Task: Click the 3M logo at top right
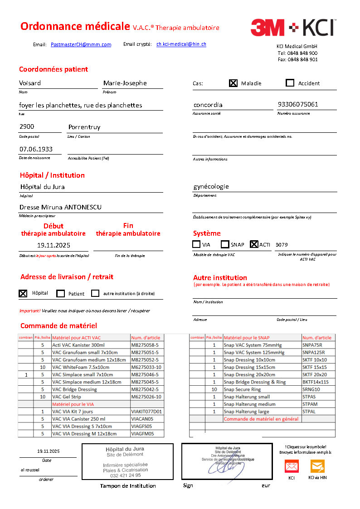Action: (x=268, y=27)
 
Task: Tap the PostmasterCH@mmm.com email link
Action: (x=81, y=44)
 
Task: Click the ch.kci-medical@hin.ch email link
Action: (x=181, y=44)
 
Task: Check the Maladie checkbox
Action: (x=233, y=83)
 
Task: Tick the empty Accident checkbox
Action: (x=290, y=83)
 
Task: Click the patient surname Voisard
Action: (x=30, y=83)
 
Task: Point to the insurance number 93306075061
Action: (x=298, y=104)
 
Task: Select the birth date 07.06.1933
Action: (x=36, y=149)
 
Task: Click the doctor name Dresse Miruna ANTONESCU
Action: (x=60, y=207)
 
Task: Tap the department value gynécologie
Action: (x=211, y=186)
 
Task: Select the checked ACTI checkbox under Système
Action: (x=254, y=244)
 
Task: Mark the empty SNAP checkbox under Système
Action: (x=225, y=244)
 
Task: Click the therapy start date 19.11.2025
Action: (x=54, y=245)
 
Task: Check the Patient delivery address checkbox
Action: (x=61, y=293)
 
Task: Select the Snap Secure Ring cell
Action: (x=243, y=389)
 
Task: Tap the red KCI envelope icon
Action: (x=291, y=466)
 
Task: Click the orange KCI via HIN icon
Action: (x=317, y=466)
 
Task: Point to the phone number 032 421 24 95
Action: (x=125, y=475)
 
